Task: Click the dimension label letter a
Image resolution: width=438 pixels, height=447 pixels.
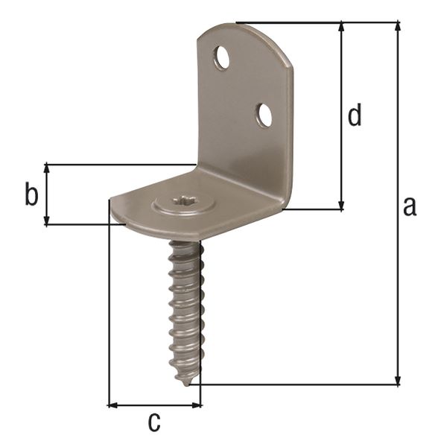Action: point(409,206)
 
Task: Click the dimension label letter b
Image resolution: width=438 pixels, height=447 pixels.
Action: point(31,194)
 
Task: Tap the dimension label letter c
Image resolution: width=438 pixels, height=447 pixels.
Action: point(153,422)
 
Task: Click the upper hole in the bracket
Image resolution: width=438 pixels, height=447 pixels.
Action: point(222,57)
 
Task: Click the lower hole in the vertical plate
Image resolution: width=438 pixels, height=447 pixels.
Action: point(264,115)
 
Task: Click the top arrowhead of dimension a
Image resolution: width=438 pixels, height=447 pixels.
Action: point(398,28)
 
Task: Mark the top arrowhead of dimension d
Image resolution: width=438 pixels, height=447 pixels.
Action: point(342,28)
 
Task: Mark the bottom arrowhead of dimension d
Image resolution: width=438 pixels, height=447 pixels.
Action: point(342,205)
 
